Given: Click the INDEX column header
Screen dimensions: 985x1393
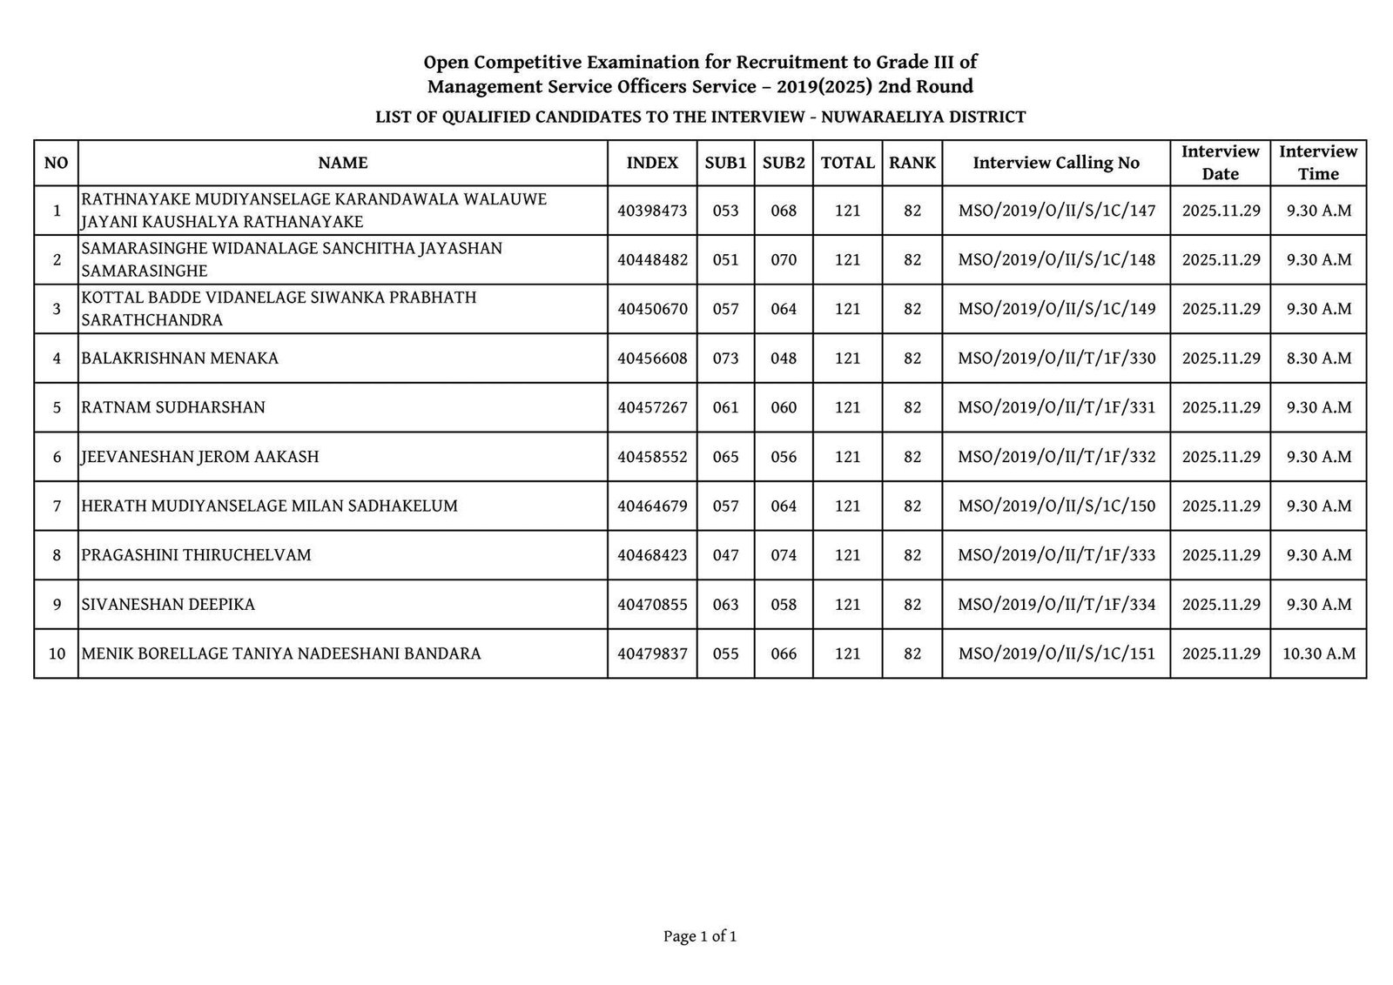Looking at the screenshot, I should (x=652, y=163).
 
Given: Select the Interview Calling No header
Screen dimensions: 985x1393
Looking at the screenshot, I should (x=1055, y=163).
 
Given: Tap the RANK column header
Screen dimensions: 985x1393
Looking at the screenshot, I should (x=912, y=163).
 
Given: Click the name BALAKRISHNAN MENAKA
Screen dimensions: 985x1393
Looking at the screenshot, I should (x=180, y=358).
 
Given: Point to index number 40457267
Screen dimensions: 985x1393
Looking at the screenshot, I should (x=652, y=407).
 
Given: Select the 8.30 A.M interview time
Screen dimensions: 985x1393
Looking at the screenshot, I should (x=1318, y=358).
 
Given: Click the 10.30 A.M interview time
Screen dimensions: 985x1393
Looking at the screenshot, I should (x=1318, y=653).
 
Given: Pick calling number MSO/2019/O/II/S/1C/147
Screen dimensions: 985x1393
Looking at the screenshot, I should (x=1056, y=211).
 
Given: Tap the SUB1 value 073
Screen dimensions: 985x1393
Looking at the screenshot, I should (x=725, y=358).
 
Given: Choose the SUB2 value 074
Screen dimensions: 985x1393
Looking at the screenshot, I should (x=784, y=555).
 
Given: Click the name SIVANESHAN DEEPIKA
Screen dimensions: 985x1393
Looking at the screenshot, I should (x=168, y=605).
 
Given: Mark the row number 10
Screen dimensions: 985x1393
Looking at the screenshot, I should (x=57, y=653).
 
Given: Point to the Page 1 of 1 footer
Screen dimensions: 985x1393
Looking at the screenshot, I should (x=700, y=937).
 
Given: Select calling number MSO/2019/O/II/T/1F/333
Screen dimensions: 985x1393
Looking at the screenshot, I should (x=1056, y=555).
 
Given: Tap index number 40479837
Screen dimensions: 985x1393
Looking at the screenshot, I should (x=652, y=653).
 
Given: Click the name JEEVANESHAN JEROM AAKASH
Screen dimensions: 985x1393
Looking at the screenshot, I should (x=200, y=457).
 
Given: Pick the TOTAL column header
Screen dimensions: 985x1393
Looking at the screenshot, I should (x=847, y=163).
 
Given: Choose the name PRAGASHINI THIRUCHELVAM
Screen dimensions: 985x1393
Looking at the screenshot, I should (x=196, y=555).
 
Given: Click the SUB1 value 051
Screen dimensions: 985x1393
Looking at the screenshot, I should (x=725, y=260).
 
